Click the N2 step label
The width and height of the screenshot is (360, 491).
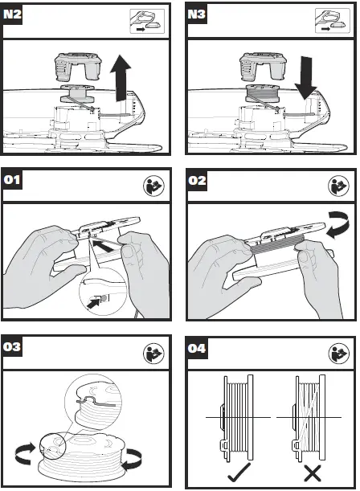click(x=12, y=14)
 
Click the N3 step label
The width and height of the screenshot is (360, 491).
click(x=197, y=14)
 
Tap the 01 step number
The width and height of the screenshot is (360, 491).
click(x=12, y=180)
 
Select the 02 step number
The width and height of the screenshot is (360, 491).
click(x=197, y=180)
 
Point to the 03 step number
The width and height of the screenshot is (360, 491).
click(x=12, y=347)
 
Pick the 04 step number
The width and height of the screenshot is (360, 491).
click(x=197, y=348)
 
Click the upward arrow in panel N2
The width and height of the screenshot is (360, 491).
click(x=121, y=78)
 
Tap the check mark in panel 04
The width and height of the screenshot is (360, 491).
click(x=239, y=472)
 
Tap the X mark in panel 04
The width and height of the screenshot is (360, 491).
click(x=313, y=473)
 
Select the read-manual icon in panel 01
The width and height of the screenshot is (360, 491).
click(x=153, y=186)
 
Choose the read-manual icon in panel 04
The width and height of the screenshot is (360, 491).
click(x=339, y=354)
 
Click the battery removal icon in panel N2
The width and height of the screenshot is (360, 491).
click(x=147, y=21)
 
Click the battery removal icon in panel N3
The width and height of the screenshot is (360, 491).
click(x=333, y=21)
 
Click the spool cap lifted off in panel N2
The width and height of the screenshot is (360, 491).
click(x=78, y=66)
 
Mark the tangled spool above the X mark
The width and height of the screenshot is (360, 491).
click(x=309, y=419)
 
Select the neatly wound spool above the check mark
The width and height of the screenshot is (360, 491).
click(x=236, y=419)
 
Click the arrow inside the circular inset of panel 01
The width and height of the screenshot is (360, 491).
click(x=93, y=303)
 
